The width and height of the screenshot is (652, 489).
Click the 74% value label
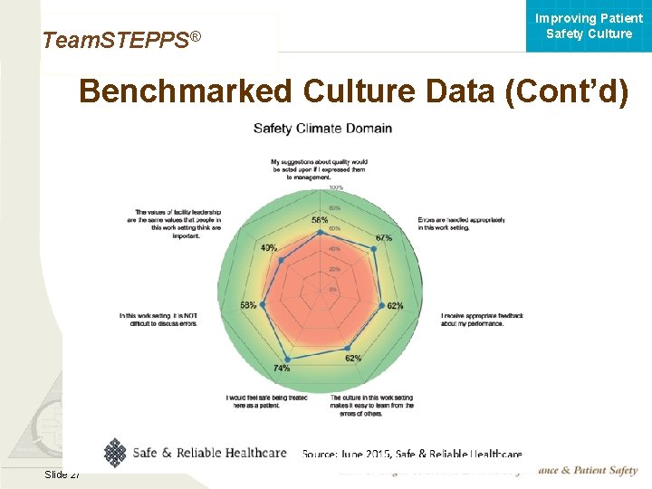[x=282, y=369]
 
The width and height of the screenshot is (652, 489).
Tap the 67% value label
[x=383, y=238]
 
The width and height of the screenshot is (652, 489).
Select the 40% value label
[x=269, y=248]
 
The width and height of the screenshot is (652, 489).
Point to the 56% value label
[x=320, y=220]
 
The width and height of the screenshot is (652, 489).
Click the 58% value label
[x=248, y=305]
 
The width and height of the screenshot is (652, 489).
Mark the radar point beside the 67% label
[x=372, y=247]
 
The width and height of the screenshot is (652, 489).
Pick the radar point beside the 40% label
[x=282, y=260]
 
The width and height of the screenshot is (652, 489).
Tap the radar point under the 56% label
[x=320, y=232]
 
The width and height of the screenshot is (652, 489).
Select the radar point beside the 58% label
[x=263, y=305]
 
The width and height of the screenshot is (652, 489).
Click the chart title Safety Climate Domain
[x=322, y=129]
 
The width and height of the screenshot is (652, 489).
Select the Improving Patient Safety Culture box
[x=589, y=26]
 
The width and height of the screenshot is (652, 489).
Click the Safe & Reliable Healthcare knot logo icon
[x=114, y=452]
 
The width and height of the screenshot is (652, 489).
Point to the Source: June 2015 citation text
[x=412, y=454]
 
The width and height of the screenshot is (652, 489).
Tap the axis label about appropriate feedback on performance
[x=482, y=319]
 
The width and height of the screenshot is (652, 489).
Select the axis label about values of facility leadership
[x=174, y=223]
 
